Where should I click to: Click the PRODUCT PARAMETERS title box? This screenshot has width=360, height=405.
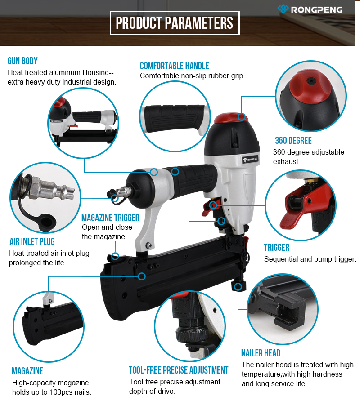pos(175,23)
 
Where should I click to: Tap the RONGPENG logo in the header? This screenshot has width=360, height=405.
pos(310,9)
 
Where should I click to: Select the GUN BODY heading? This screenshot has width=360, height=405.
pos(22,61)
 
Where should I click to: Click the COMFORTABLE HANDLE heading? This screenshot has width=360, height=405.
pos(174,66)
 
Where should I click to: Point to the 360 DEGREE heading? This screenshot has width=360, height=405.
pos(293,141)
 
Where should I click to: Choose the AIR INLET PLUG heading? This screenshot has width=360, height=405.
pos(32,241)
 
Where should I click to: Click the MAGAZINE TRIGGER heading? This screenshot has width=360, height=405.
pos(110,218)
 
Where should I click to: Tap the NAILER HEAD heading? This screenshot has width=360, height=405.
pos(261,353)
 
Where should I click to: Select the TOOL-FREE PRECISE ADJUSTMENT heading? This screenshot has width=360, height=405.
pos(179,370)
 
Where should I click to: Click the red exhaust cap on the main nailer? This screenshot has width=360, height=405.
pos(230,118)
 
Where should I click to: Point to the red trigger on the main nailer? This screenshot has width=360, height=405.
pos(211,207)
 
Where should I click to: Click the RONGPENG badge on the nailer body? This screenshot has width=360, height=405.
pos(250,159)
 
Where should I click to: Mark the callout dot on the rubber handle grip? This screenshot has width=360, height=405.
pos(175,172)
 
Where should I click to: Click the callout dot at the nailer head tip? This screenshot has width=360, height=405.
pos(238,286)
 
